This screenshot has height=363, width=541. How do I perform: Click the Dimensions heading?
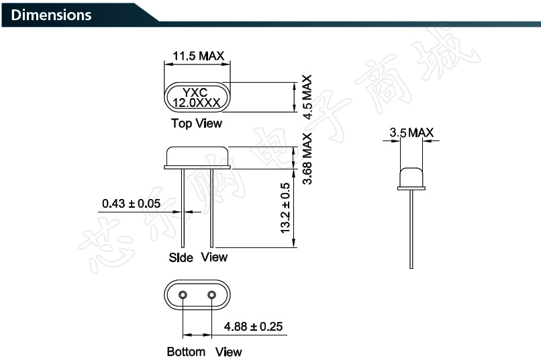(51, 15)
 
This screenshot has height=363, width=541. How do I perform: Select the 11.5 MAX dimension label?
(198, 56)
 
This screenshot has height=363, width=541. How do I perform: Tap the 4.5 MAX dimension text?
(307, 97)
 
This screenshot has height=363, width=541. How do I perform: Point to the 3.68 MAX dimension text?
(307, 159)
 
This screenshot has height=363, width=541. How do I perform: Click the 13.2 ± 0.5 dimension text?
(285, 208)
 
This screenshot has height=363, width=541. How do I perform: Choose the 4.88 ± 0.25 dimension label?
(253, 327)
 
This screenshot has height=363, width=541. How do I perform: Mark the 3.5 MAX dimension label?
(411, 133)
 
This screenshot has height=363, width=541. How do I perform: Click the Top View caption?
(196, 124)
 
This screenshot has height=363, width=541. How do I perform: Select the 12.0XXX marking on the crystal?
(198, 104)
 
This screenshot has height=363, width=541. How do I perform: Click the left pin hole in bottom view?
(183, 294)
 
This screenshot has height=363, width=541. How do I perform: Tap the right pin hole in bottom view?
(212, 294)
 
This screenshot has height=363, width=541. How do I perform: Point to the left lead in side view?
(183, 208)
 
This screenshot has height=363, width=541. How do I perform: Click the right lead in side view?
(212, 208)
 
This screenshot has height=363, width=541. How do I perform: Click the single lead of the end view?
(411, 229)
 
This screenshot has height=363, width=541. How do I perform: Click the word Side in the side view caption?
(181, 257)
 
